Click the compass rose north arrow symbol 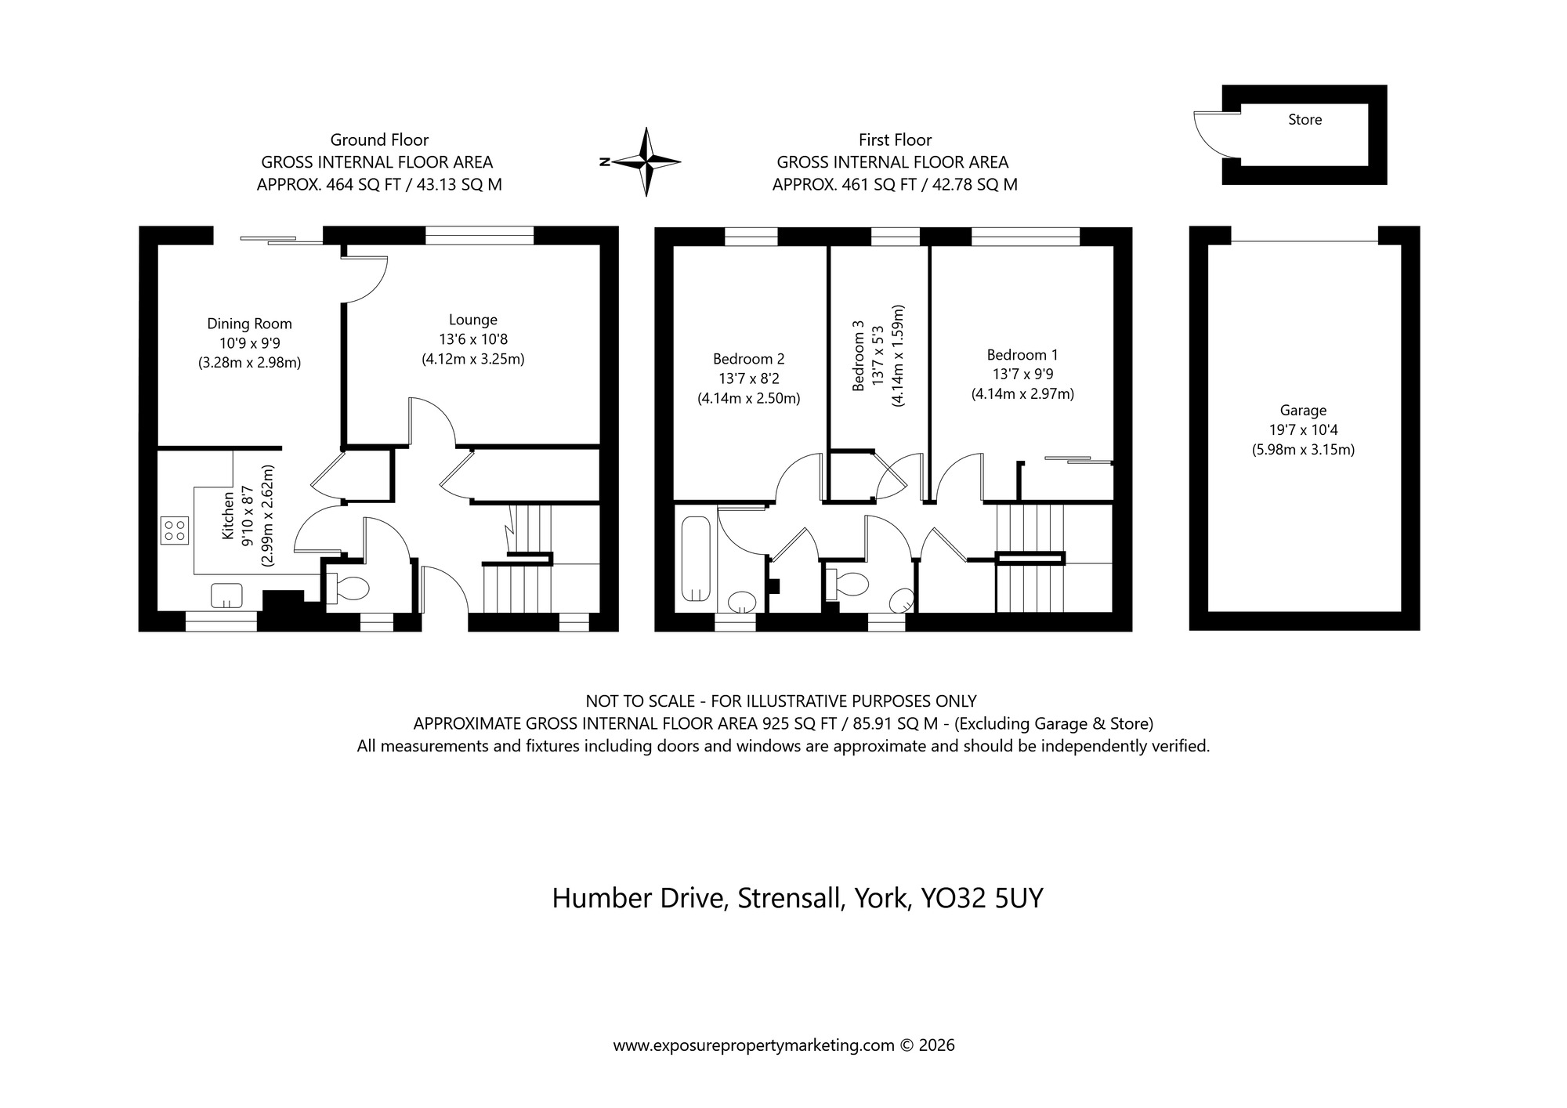(x=646, y=162)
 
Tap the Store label (x=1305, y=120)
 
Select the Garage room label (x=1303, y=410)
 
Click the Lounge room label (x=472, y=320)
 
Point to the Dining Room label (x=249, y=324)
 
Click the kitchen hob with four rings (x=174, y=530)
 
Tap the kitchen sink (x=227, y=596)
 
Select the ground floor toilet (x=349, y=588)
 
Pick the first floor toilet (x=848, y=584)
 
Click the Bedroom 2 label (x=748, y=359)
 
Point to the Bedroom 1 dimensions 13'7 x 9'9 (x=1022, y=375)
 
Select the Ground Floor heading (x=379, y=140)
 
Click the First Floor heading (x=895, y=140)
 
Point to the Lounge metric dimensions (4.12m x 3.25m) (x=472, y=360)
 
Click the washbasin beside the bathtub (x=740, y=603)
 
